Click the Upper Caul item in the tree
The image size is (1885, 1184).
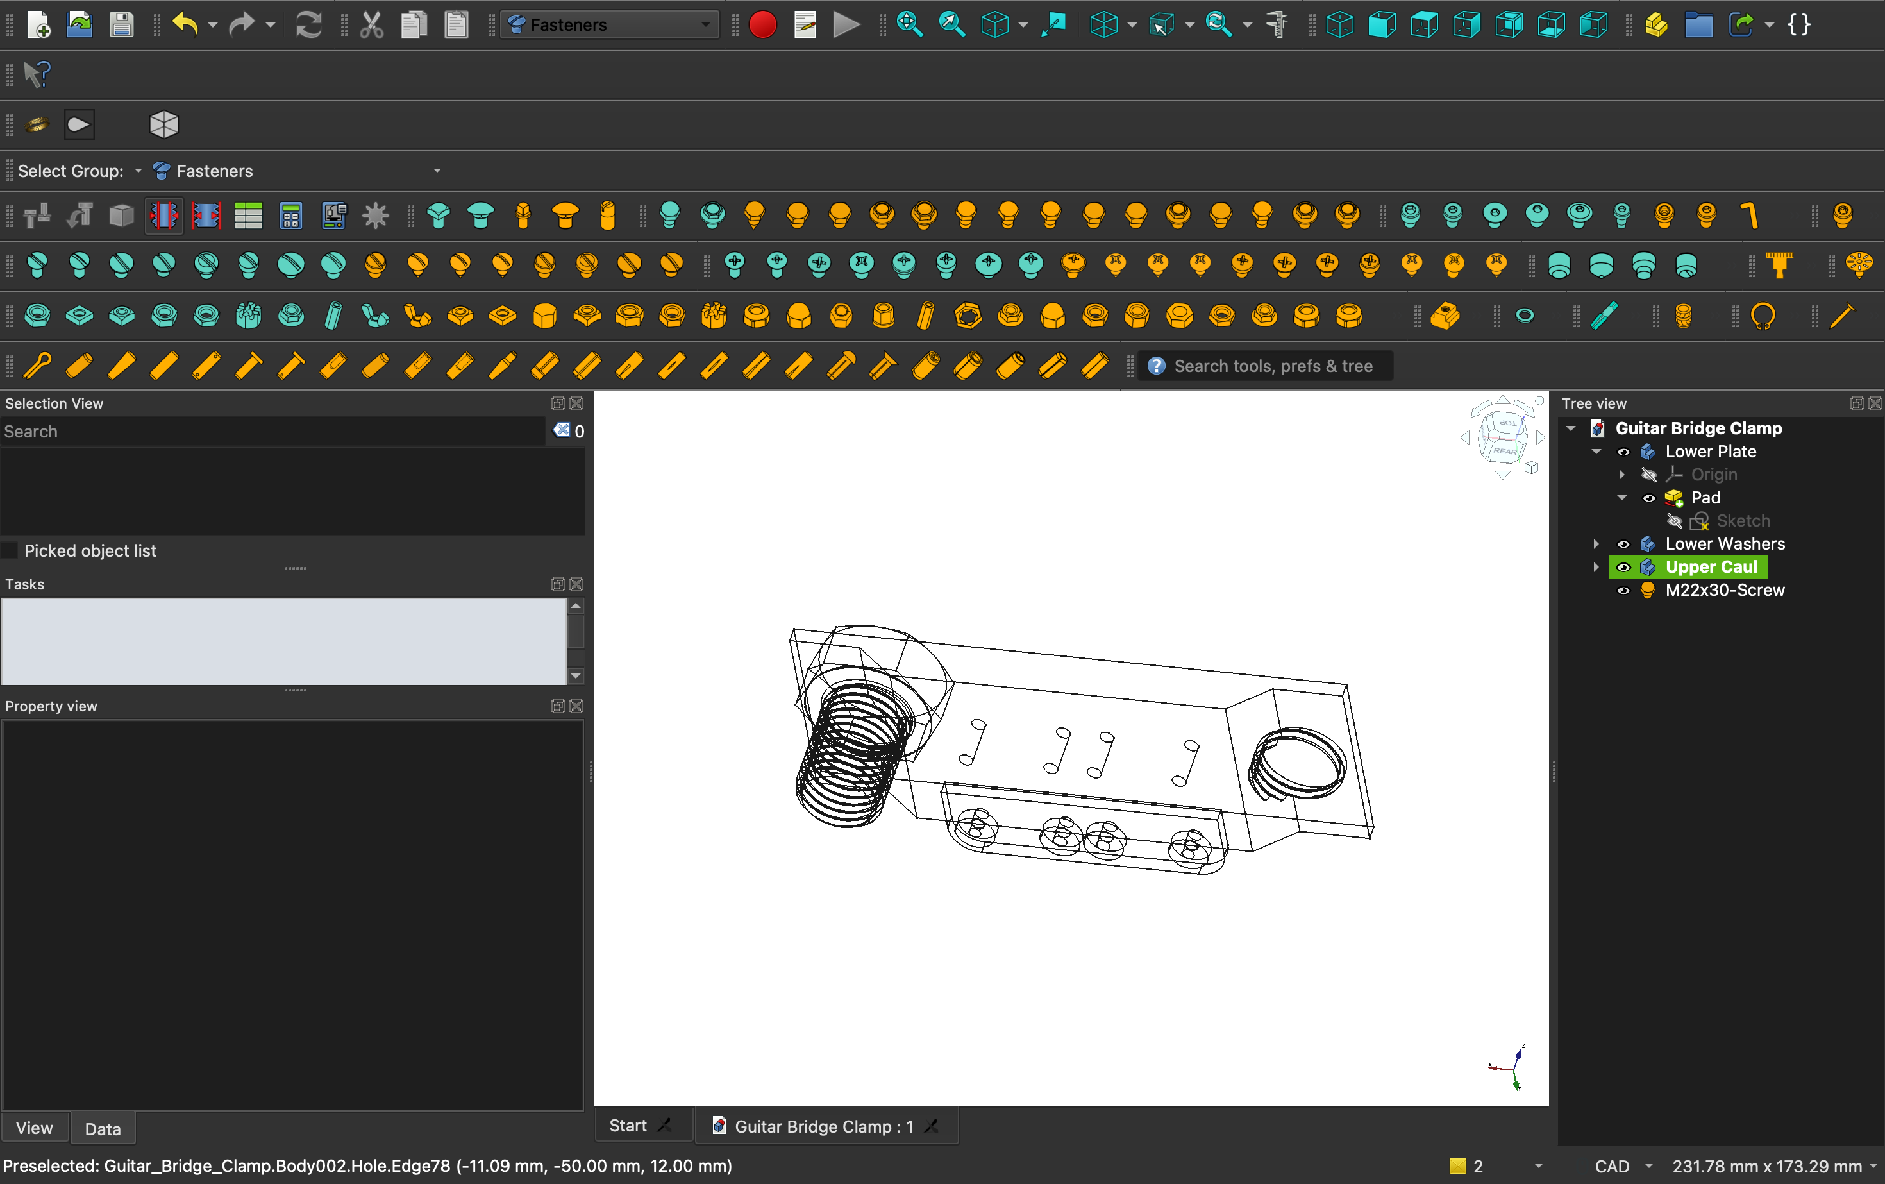coord(1711,567)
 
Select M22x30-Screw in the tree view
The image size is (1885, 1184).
coord(1725,591)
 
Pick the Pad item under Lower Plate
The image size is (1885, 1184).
coord(1705,498)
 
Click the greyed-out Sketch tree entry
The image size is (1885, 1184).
coord(1743,521)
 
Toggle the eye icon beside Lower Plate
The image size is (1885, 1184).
coord(1623,452)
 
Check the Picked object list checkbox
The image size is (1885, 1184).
coord(10,550)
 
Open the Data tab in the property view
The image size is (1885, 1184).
coord(103,1128)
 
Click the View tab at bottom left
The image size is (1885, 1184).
coord(35,1128)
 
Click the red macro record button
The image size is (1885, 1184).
coord(762,25)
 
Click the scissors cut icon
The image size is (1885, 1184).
coord(372,25)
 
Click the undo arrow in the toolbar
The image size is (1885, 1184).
coord(185,25)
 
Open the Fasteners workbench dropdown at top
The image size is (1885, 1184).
coord(610,25)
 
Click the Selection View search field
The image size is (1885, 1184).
coord(272,432)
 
